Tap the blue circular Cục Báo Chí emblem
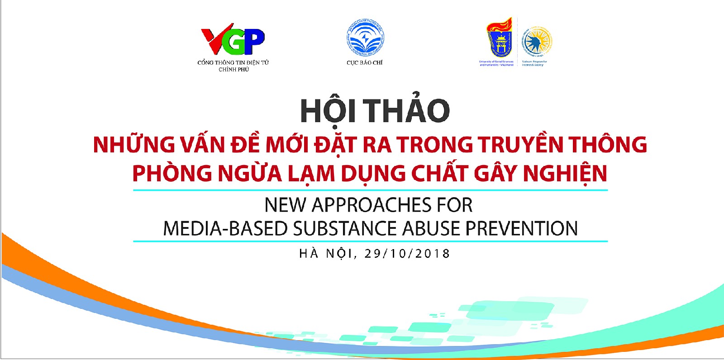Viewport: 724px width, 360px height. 365,38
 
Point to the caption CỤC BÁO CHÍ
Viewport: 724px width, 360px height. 364,62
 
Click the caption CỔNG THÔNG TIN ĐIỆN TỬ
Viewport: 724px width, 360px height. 233,62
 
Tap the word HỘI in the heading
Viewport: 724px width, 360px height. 328,110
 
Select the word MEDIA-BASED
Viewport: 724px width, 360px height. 225,229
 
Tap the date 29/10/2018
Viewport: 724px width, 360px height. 407,254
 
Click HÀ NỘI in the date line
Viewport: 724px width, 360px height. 325,253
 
